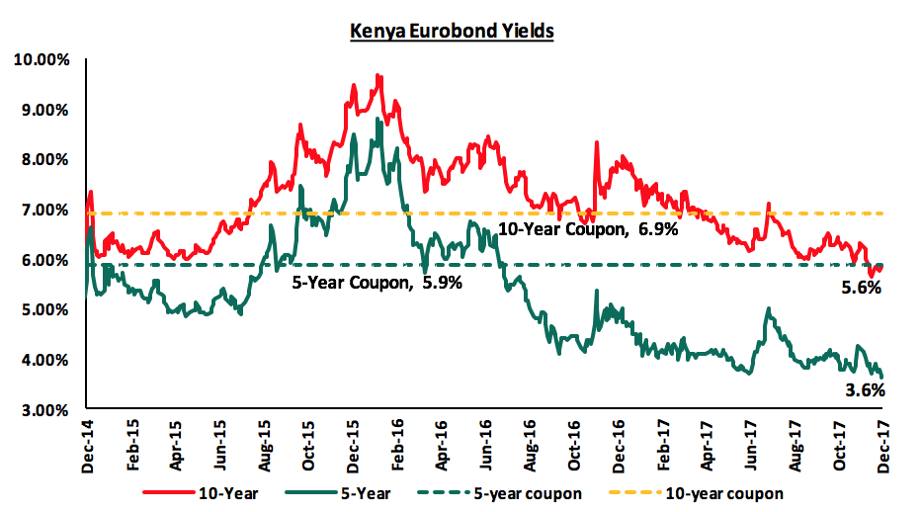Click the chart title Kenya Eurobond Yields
(453, 31)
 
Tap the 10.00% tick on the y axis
(42, 60)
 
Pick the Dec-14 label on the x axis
(89, 436)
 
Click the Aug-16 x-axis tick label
(531, 436)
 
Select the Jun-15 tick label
(221, 436)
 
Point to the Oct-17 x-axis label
(840, 436)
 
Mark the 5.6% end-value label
(861, 288)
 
